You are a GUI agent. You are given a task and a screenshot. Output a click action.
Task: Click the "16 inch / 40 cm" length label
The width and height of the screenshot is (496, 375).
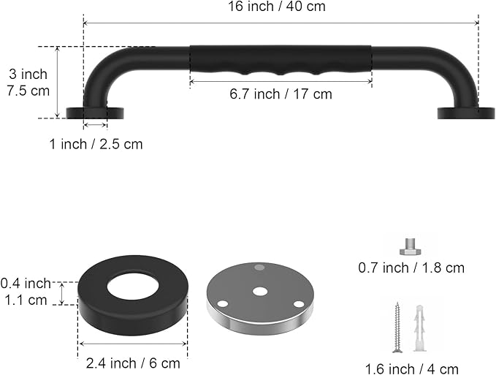[277, 7]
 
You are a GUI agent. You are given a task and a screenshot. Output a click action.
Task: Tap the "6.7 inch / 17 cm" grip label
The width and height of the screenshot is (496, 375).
[281, 94]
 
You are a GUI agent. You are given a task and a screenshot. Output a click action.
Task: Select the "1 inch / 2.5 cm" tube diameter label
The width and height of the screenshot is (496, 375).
[96, 144]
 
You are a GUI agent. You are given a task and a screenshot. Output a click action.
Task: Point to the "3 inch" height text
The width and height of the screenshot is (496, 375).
[28, 74]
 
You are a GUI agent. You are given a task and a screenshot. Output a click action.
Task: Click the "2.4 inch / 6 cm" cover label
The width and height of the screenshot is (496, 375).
[133, 363]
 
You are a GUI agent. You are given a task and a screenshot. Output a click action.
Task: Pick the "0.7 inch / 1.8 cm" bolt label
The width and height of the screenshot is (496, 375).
[411, 268]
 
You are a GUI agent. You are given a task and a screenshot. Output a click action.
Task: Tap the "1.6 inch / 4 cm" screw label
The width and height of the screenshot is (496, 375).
[412, 369]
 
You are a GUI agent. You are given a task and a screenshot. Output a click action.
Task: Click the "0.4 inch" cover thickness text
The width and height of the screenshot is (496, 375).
[26, 283]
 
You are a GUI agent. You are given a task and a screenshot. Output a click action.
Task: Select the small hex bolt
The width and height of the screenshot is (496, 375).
[411, 247]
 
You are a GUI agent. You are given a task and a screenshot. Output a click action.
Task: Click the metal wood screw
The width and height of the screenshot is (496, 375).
[397, 327]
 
